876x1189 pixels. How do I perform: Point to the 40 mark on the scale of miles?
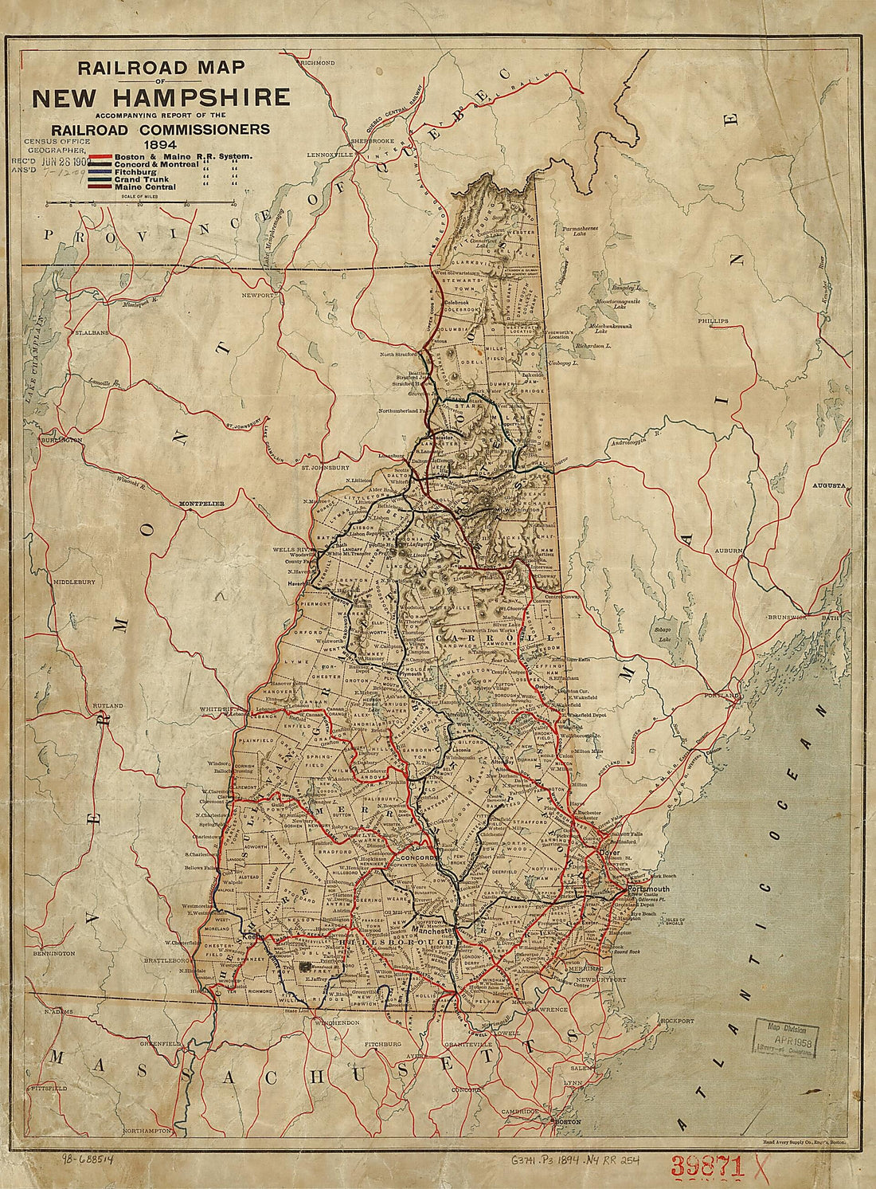coord(233,205)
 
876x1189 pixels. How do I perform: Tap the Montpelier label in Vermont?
coord(202,504)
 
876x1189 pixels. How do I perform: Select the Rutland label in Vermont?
coord(107,706)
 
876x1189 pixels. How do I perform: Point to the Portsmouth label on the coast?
coord(649,889)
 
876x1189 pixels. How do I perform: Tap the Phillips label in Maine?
coord(714,320)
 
